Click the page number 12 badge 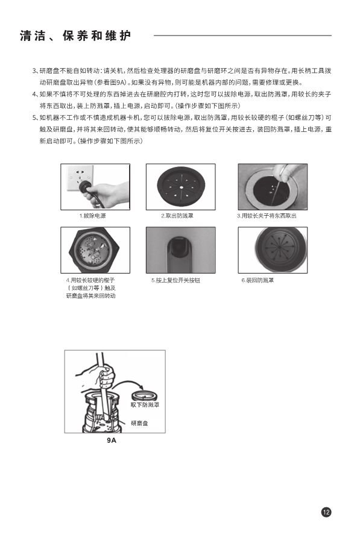tap(326, 512)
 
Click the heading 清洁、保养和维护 tap(76, 36)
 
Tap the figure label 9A tap(112, 440)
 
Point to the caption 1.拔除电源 tap(92, 216)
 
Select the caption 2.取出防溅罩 tap(177, 216)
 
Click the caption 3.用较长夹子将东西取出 tap(267, 216)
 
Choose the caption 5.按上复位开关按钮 tap(175, 280)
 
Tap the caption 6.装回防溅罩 tap(257, 280)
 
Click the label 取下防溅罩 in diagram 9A tap(145, 405)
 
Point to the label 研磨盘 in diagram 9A tap(139, 423)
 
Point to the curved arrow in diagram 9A tap(127, 382)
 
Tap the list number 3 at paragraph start tap(34, 71)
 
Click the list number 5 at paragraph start tap(34, 117)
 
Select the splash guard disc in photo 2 tap(181, 186)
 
